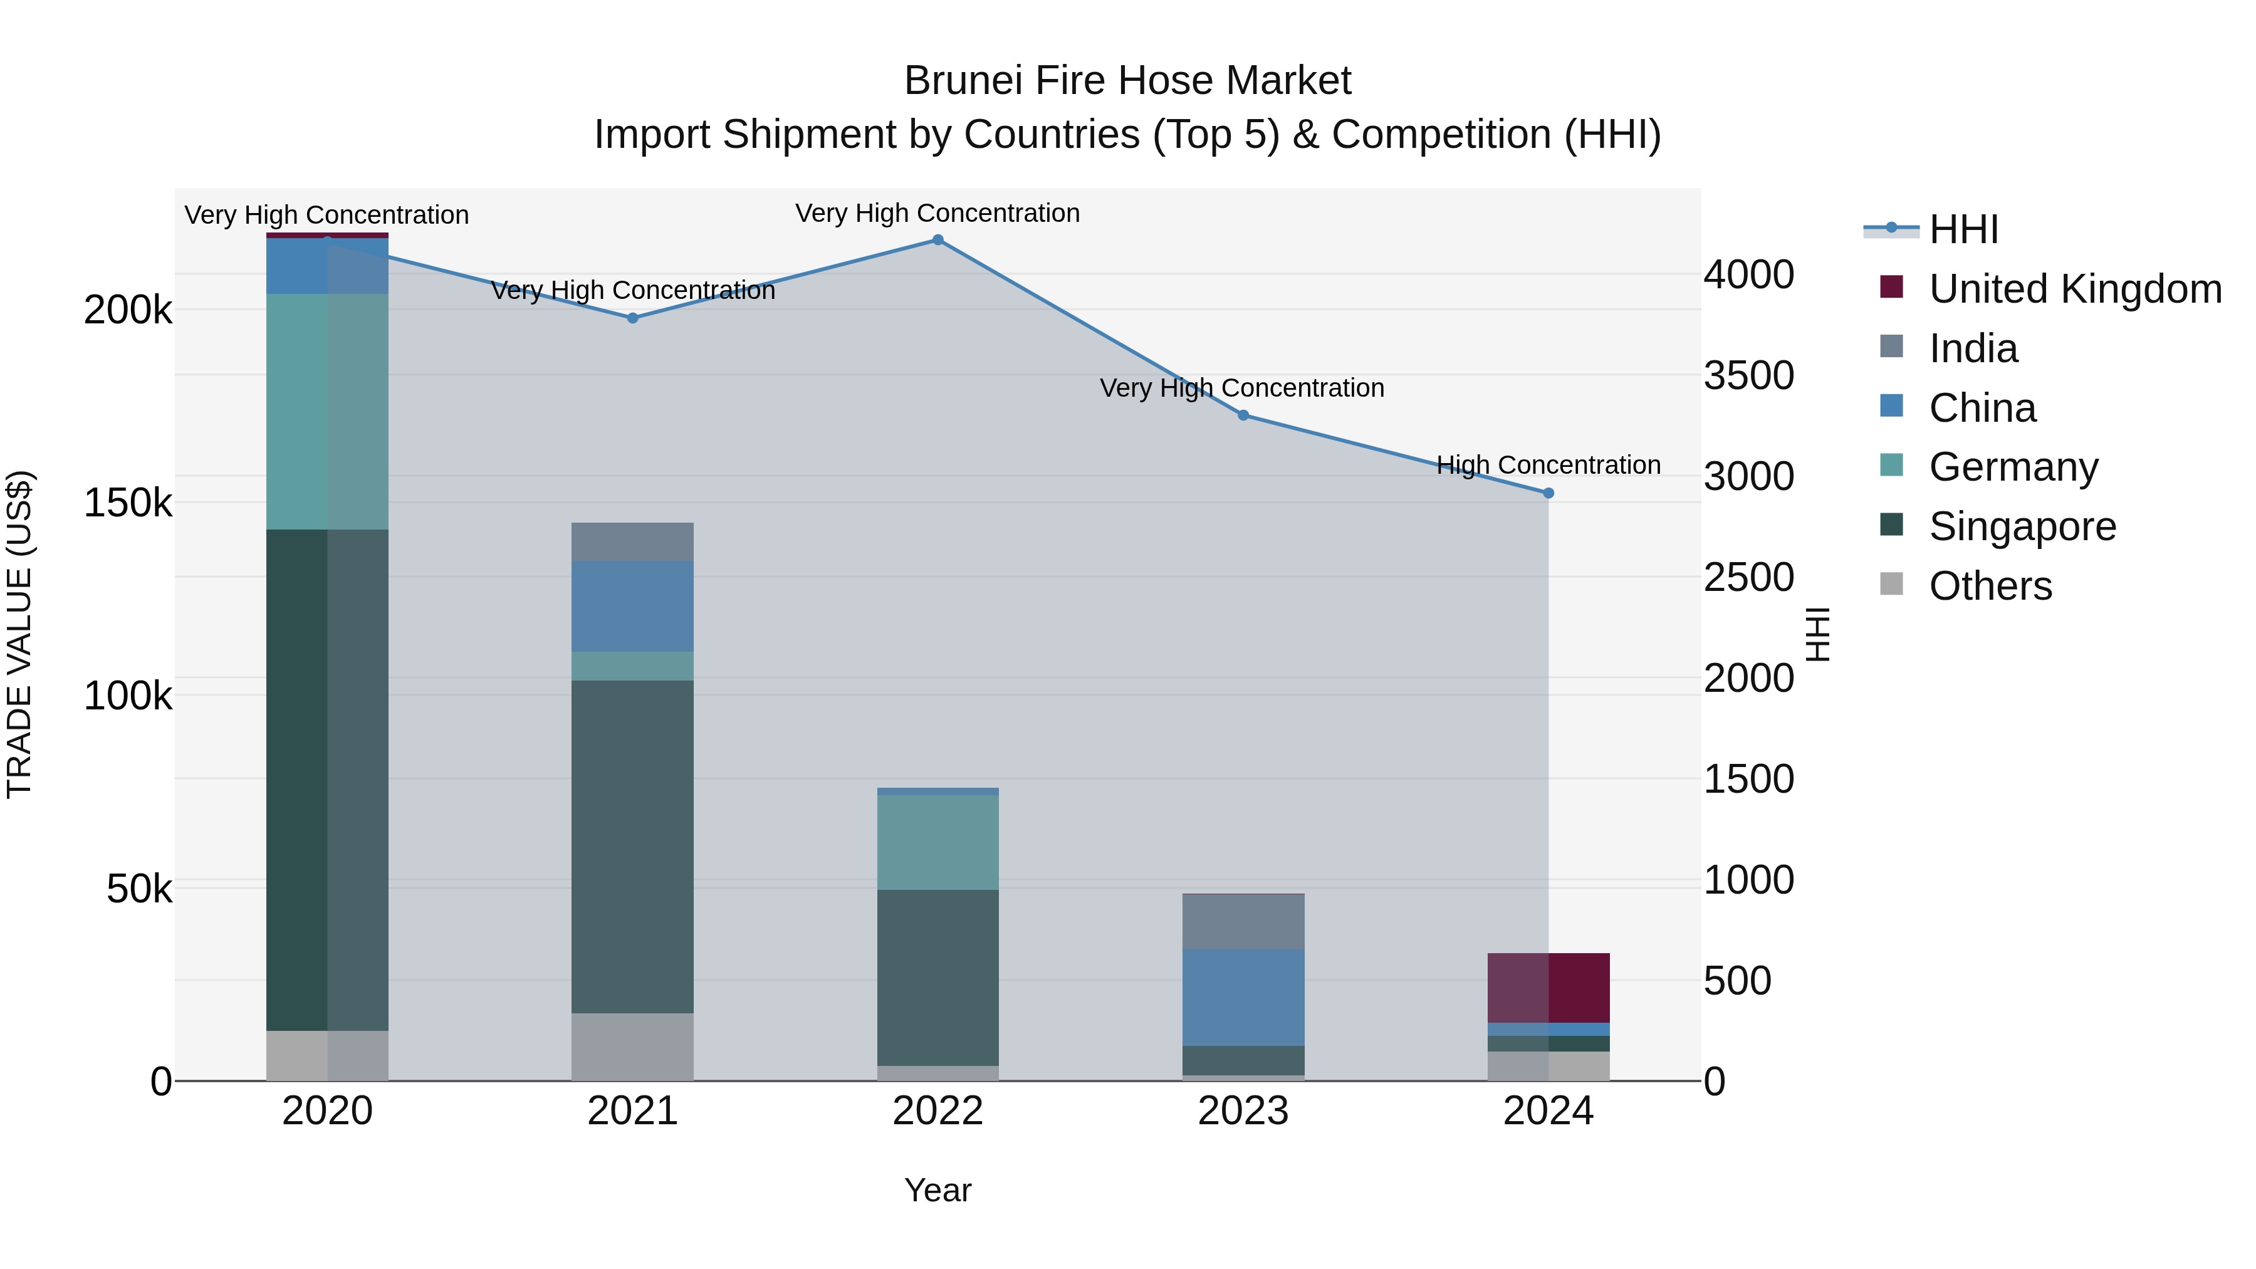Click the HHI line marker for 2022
pyautogui.click(x=937, y=240)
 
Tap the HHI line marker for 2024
pyautogui.click(x=1547, y=493)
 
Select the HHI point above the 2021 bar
pyautogui.click(x=632, y=318)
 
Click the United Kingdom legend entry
pyautogui.click(x=2075, y=289)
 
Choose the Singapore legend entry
pyautogui.click(x=2022, y=526)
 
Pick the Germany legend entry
pyautogui.click(x=2013, y=467)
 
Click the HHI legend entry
pyautogui.click(x=1963, y=229)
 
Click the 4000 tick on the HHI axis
pyautogui.click(x=1748, y=274)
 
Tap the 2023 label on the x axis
pyautogui.click(x=1243, y=1111)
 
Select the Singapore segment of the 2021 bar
pyautogui.click(x=632, y=846)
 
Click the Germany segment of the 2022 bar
pyautogui.click(x=937, y=842)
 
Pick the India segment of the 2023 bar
pyautogui.click(x=1243, y=921)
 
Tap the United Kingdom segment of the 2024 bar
pyautogui.click(x=1547, y=987)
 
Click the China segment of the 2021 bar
pyautogui.click(x=632, y=606)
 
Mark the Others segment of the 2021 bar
pyautogui.click(x=632, y=1047)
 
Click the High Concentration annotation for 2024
pyautogui.click(x=1547, y=465)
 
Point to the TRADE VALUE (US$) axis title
pyautogui.click(x=19, y=634)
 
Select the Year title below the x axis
pyautogui.click(x=937, y=1190)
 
